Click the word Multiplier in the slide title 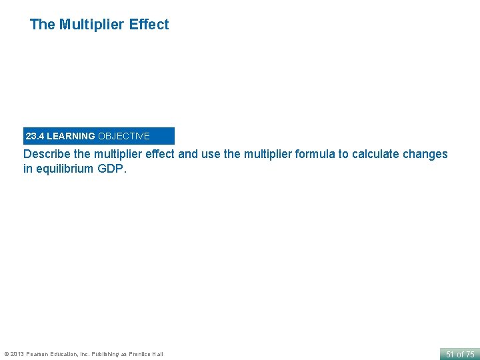tap(92, 25)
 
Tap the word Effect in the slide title tap(149, 25)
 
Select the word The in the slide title tap(42, 25)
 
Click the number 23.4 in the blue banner tap(35, 136)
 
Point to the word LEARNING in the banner tap(71, 136)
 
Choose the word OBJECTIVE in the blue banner tap(124, 136)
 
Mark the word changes tap(425, 154)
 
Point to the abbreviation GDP tap(112, 169)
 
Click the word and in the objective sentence tap(189, 154)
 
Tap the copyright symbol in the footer tap(7, 354)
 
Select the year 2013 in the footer tap(18, 354)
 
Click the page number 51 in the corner tap(450, 354)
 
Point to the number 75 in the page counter tap(470, 354)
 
